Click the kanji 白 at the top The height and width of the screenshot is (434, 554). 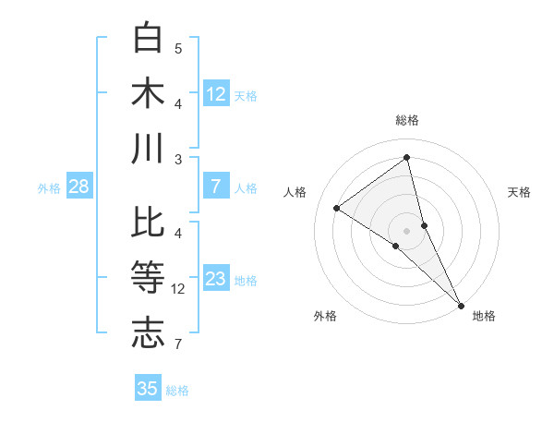[x=149, y=38]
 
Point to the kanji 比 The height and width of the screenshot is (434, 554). [x=149, y=223]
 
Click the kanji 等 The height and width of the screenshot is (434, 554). [x=149, y=278]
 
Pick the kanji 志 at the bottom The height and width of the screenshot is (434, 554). [x=149, y=332]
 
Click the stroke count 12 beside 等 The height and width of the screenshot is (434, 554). [x=179, y=289]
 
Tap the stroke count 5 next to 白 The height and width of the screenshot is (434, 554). [x=178, y=48]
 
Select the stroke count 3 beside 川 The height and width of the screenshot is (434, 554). [x=178, y=159]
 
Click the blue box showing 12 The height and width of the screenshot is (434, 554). [x=216, y=93]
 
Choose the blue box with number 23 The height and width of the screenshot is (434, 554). [x=216, y=279]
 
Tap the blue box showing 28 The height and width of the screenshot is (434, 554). [x=79, y=187]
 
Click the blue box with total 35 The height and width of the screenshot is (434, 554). [x=148, y=389]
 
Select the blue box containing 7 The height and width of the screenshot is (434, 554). [x=216, y=187]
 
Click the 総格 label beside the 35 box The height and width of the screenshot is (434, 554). [x=177, y=391]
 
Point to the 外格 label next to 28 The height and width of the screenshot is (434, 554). [x=49, y=188]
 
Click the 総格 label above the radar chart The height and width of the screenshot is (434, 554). [x=407, y=120]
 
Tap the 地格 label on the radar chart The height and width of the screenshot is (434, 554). [x=484, y=316]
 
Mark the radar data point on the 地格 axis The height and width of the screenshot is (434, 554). [x=461, y=304]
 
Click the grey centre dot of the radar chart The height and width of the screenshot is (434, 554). [x=407, y=229]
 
